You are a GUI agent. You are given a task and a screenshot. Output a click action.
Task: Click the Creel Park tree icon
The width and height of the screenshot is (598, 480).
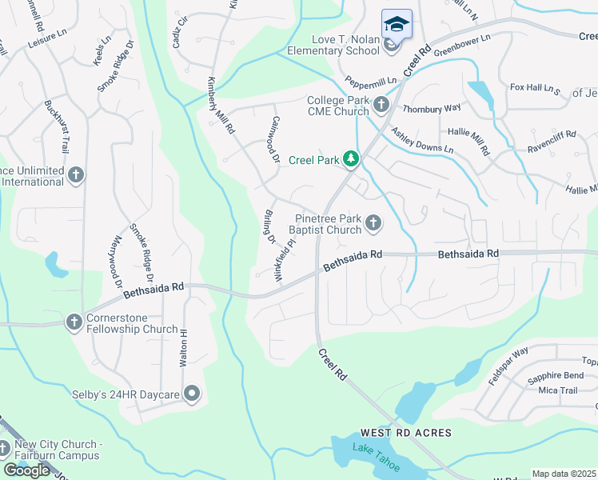(x=350, y=160)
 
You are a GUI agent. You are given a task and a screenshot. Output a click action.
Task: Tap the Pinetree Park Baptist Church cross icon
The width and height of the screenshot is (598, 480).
(x=373, y=223)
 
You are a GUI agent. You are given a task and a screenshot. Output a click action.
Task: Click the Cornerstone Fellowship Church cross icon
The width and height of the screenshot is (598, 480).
(x=74, y=322)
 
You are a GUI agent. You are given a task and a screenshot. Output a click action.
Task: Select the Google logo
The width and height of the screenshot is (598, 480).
(x=26, y=470)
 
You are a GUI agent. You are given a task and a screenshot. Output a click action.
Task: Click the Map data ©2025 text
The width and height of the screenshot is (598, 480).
(x=564, y=474)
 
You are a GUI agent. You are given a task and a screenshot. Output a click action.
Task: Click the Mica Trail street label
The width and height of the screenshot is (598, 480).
(x=557, y=390)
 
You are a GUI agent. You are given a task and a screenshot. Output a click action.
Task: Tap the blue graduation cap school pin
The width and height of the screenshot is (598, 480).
(x=397, y=25)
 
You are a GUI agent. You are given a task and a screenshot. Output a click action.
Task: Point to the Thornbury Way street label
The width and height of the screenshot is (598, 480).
(x=432, y=107)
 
